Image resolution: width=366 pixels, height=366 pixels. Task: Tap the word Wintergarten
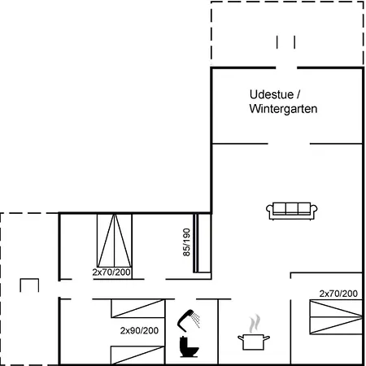pyautogui.click(x=282, y=107)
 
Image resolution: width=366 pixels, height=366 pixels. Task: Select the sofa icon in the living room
pyautogui.click(x=290, y=210)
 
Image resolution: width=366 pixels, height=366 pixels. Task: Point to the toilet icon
pyautogui.click(x=189, y=347)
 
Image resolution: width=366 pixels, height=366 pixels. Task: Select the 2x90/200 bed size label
pyautogui.click(x=139, y=331)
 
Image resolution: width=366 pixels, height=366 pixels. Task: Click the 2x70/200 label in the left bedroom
pyautogui.click(x=111, y=272)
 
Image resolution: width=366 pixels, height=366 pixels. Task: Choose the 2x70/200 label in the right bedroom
pyautogui.click(x=338, y=293)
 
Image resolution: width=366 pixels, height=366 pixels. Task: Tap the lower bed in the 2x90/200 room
pyautogui.click(x=135, y=355)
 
